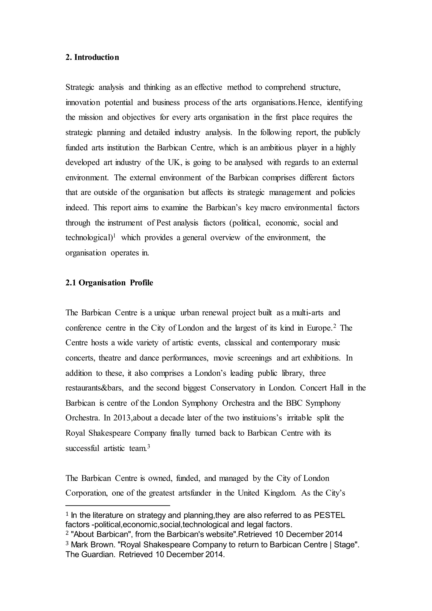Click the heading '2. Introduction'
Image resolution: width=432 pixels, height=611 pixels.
tap(92, 58)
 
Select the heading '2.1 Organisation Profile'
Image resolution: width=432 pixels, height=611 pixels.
tap(109, 283)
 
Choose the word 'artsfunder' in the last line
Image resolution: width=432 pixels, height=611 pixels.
tap(195, 493)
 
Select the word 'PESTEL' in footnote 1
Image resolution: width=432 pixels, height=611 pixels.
tap(330, 516)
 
